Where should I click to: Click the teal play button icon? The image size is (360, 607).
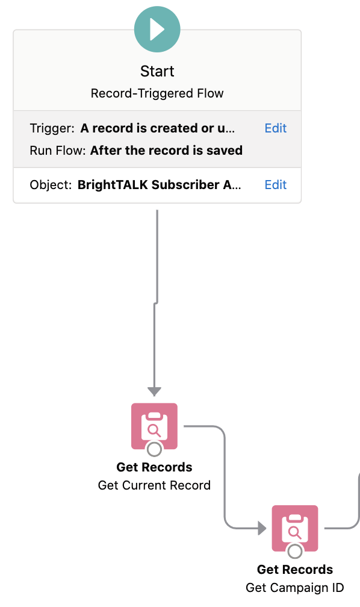157,30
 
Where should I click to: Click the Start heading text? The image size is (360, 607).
157,71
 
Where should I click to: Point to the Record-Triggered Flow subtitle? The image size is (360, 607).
157,93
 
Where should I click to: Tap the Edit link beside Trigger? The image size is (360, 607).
276,128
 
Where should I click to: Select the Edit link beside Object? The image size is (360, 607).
276,185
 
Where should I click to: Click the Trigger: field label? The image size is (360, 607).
52,128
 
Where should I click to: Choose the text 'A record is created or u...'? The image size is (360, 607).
158,128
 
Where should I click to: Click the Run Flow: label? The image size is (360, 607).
58,150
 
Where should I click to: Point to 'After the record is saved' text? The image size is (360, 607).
166,150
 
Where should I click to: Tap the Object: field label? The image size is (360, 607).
51,185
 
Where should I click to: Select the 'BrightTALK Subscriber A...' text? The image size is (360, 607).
160,185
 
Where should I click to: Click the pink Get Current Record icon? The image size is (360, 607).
155,426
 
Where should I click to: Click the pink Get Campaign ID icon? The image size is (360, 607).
295,529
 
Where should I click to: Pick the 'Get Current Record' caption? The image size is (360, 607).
155,485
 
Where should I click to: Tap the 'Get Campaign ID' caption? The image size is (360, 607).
295,588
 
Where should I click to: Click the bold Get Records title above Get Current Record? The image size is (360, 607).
155,467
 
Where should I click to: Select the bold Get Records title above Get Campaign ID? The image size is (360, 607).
295,570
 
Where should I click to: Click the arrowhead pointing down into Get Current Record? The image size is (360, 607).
155,391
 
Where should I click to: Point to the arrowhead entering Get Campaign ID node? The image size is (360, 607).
262,528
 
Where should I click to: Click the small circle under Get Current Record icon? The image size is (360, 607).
155,449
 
